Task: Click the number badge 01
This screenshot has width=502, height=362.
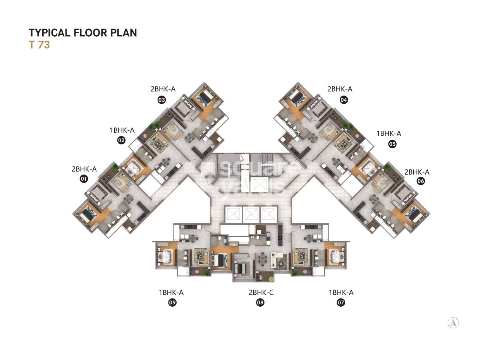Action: pyautogui.click(x=83, y=179)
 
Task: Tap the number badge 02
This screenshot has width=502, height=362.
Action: pyautogui.click(x=121, y=140)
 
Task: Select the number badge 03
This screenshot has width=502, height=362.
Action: pyautogui.click(x=162, y=100)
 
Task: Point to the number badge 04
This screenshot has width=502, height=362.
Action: pyautogui.click(x=344, y=100)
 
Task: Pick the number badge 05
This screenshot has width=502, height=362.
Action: pyautogui.click(x=392, y=144)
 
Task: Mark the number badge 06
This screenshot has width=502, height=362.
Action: pyautogui.click(x=420, y=181)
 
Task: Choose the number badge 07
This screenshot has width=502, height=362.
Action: pyautogui.click(x=341, y=303)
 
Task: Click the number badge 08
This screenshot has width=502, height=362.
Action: pyautogui.click(x=260, y=303)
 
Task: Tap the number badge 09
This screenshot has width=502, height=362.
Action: pyautogui.click(x=172, y=303)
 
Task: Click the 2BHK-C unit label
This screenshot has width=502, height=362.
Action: pyautogui.click(x=261, y=292)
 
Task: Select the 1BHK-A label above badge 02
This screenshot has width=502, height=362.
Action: pyautogui.click(x=122, y=130)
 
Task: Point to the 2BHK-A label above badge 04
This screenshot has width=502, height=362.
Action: pyautogui.click(x=340, y=89)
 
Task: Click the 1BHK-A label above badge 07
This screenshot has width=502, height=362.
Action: pyautogui.click(x=341, y=292)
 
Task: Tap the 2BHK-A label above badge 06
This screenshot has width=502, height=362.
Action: pyautogui.click(x=417, y=172)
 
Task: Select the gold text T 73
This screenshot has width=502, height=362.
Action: pyautogui.click(x=39, y=45)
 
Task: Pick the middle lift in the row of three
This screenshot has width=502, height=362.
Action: pyautogui.click(x=251, y=214)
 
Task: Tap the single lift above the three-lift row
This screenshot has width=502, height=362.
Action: pyautogui.click(x=259, y=185)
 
